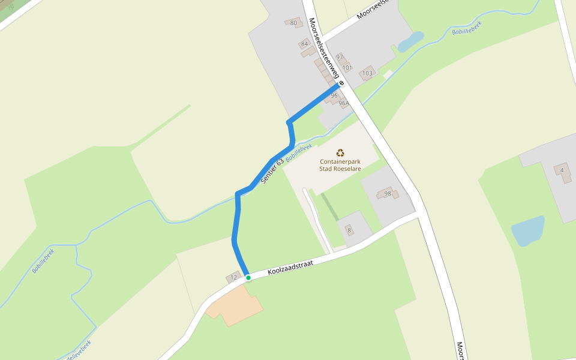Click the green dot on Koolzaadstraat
point(248,278)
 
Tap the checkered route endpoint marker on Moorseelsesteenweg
point(341,83)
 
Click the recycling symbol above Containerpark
point(340,153)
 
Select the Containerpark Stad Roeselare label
point(340,165)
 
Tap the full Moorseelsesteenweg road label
point(324,49)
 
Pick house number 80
point(293,23)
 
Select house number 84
point(305,44)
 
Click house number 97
point(340,57)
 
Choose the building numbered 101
point(347,67)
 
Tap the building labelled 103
point(367,73)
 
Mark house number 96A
point(343,103)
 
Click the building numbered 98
point(387,193)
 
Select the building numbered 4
point(562,170)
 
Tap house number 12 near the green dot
point(233,277)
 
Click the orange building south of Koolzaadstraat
point(234,305)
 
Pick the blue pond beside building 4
point(527,231)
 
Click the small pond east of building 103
point(410,41)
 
